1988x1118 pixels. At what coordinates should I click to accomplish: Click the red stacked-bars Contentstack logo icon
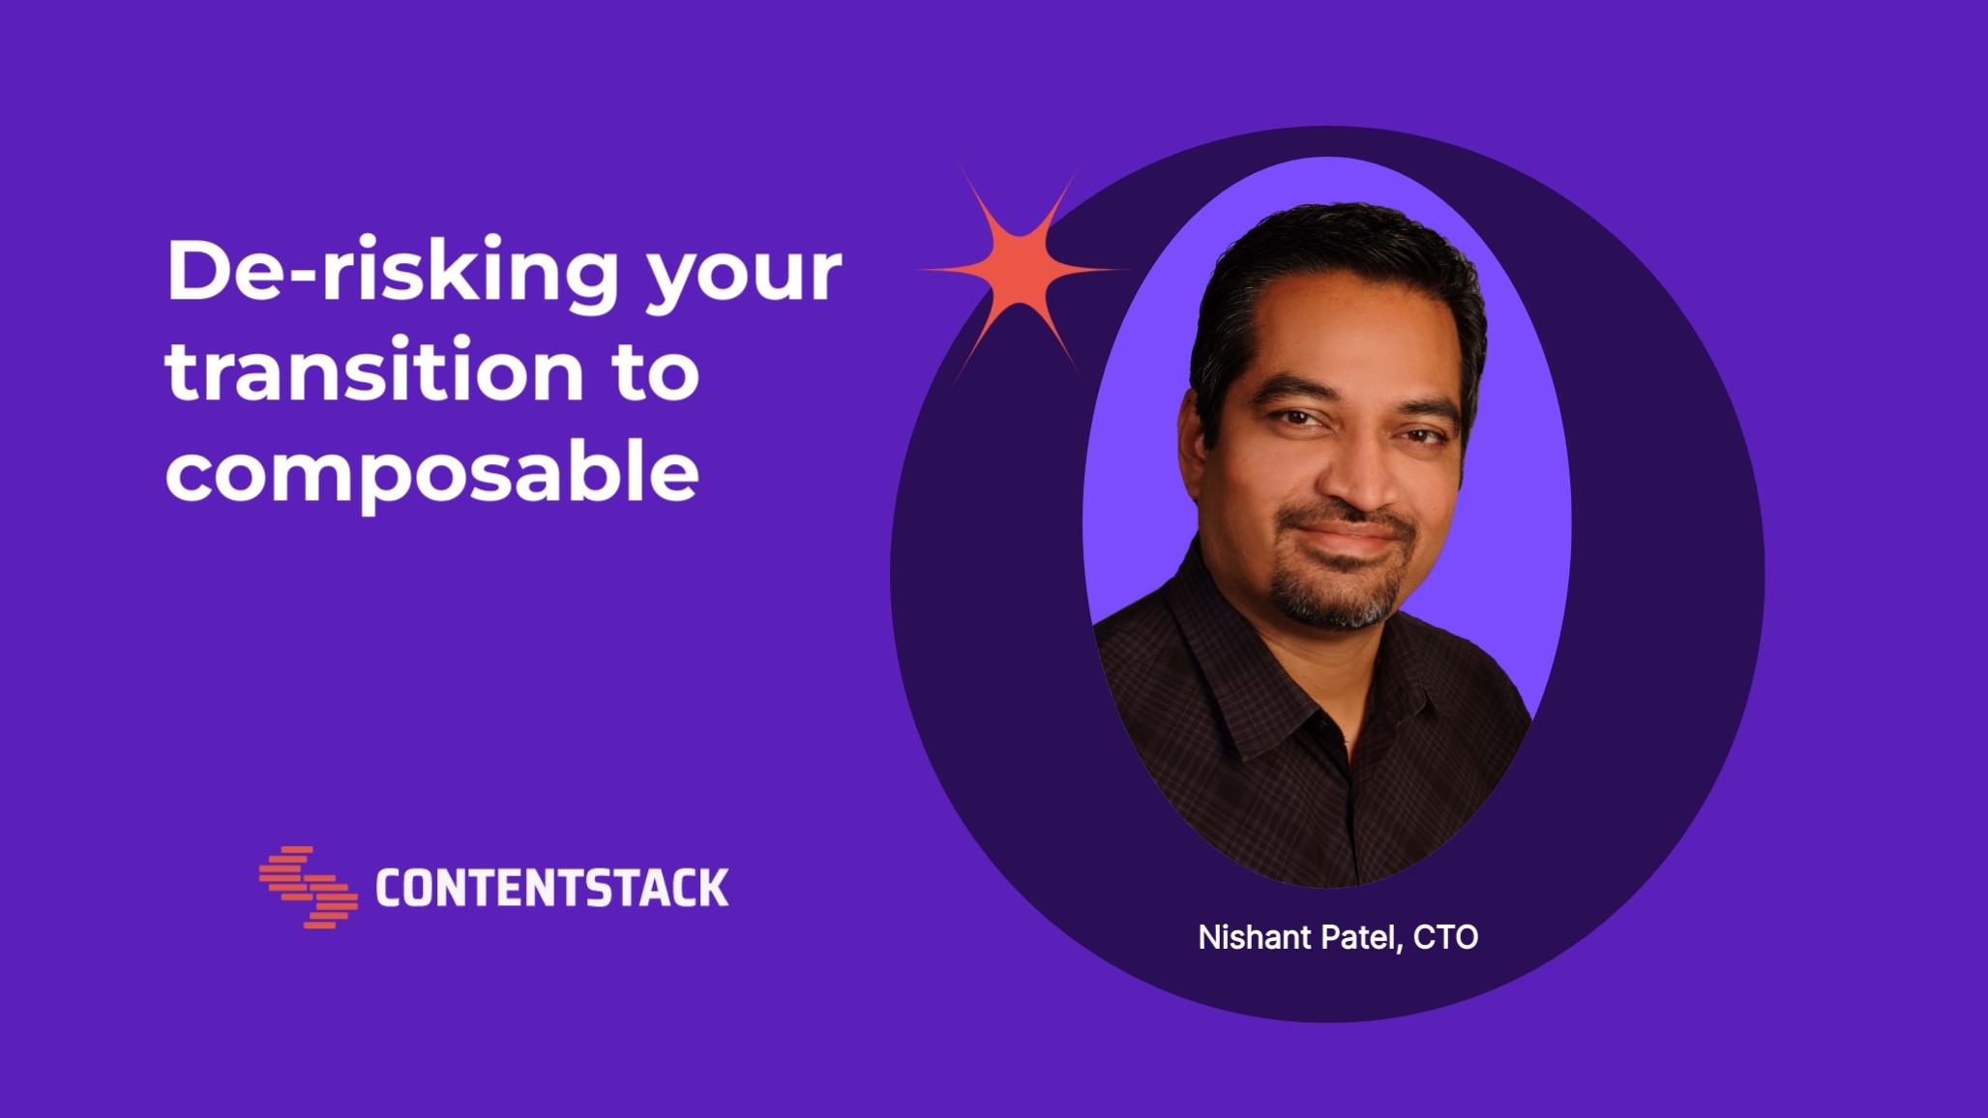point(309,887)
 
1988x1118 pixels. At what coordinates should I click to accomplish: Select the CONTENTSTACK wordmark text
point(551,888)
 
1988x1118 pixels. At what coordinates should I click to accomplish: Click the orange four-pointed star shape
point(1020,270)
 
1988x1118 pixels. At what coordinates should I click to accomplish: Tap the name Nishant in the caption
point(1254,936)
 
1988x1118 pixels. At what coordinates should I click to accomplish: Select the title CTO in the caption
point(1445,937)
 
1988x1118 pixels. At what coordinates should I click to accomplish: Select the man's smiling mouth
point(1345,540)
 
